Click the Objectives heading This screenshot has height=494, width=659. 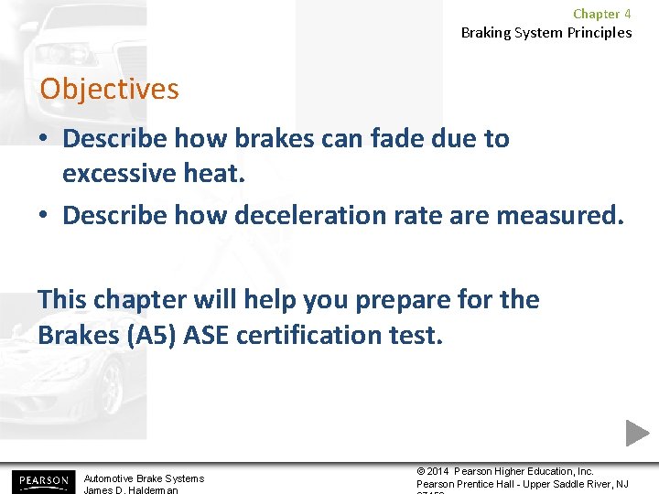click(x=109, y=90)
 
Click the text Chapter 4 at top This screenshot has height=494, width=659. click(x=601, y=14)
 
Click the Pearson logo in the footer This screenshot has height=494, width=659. click(x=41, y=480)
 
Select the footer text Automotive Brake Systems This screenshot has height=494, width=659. click(x=144, y=478)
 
